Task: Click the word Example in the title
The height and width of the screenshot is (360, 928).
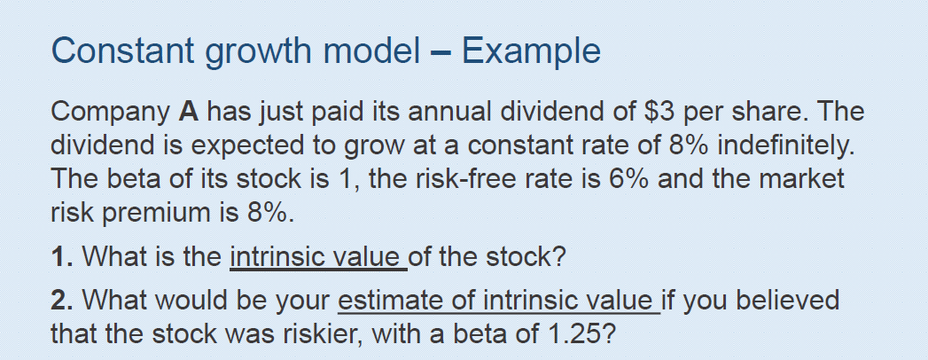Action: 531,51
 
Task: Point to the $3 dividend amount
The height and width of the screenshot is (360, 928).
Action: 665,113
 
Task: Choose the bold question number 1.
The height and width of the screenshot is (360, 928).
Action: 57,259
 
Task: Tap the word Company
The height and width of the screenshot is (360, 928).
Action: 109,114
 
